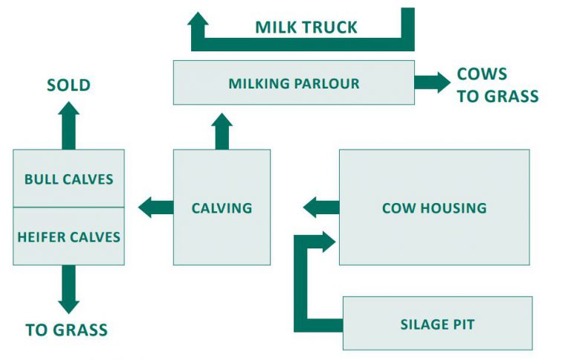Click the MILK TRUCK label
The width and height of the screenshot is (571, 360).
(306, 28)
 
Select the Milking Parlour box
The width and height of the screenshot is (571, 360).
(294, 83)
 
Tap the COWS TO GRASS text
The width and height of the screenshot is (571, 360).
(497, 86)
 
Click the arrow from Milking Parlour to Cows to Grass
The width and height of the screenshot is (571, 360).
(432, 83)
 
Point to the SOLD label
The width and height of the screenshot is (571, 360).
(68, 85)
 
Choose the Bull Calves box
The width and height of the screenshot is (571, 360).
(68, 179)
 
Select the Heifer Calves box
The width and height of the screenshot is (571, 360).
(68, 237)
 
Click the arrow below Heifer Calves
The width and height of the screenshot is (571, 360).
(68, 289)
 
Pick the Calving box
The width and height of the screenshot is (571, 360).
(222, 208)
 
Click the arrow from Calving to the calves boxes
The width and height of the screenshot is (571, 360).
(155, 208)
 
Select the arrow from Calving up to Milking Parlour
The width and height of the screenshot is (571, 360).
(222, 131)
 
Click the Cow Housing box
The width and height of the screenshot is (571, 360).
(434, 208)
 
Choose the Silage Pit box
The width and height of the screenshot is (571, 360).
(437, 324)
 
